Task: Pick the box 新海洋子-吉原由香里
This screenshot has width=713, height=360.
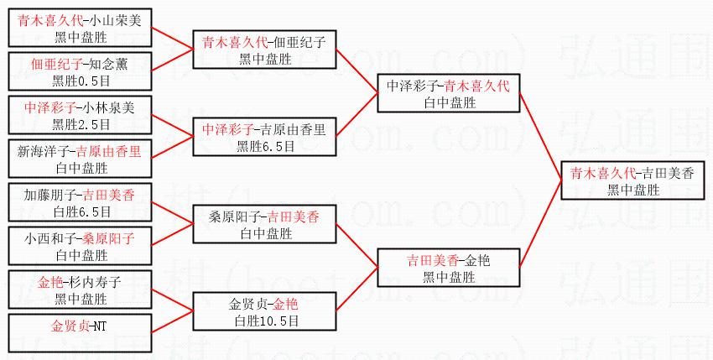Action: tap(81, 159)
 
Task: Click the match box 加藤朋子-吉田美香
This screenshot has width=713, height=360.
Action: tap(81, 202)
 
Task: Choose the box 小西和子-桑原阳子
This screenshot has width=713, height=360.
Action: tap(81, 246)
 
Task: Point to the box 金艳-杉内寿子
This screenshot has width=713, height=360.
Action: tap(81, 289)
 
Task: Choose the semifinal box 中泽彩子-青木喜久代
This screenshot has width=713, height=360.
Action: tap(449, 93)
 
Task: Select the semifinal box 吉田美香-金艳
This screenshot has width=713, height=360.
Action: tap(449, 268)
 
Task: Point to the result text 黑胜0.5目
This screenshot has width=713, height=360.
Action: tap(81, 80)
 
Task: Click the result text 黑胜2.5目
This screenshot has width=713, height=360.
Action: tap(81, 124)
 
